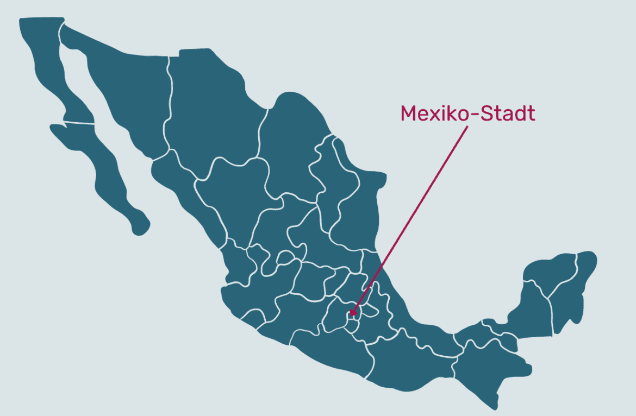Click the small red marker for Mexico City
coord(352,313)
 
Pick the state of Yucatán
coord(549,272)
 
